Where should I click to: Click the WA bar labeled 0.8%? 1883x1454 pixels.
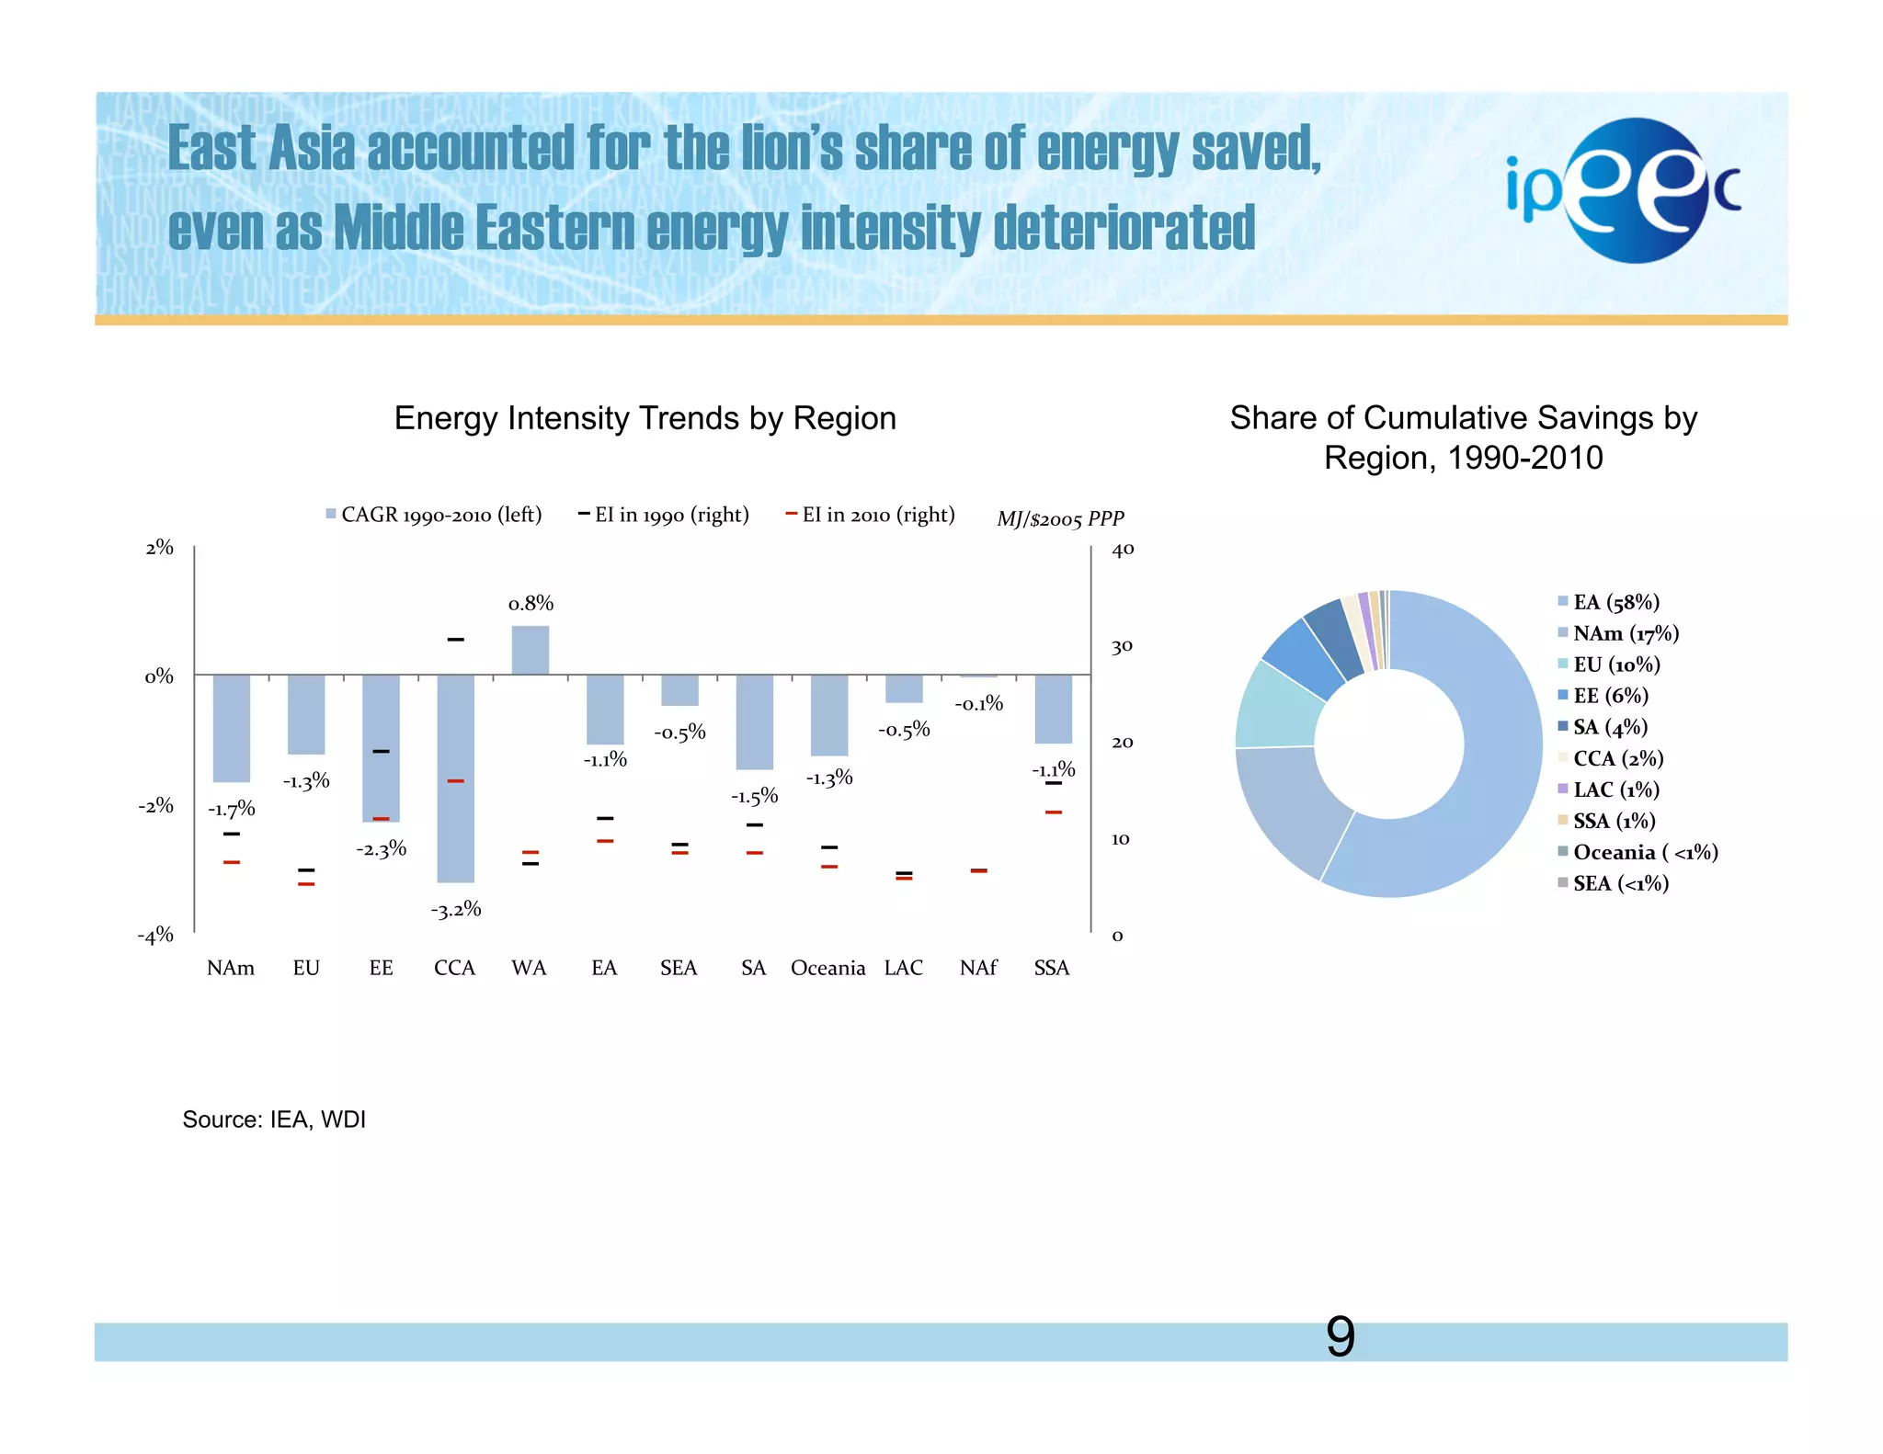click(x=531, y=650)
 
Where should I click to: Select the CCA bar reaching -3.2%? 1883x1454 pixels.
click(x=455, y=778)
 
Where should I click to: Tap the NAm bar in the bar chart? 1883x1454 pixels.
click(x=232, y=728)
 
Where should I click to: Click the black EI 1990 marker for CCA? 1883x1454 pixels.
click(x=455, y=639)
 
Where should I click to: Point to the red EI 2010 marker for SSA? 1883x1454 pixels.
click(x=1054, y=812)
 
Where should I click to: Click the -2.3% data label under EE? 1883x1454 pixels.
click(x=382, y=849)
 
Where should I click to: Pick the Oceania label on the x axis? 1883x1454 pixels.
click(x=827, y=968)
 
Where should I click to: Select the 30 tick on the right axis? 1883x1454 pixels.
click(x=1122, y=646)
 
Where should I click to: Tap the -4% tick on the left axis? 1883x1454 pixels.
click(x=156, y=936)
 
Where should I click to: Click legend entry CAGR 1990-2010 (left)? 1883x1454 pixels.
click(x=434, y=515)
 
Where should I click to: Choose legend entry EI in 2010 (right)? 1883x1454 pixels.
click(x=870, y=515)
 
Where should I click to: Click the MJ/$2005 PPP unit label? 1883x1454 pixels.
click(x=1060, y=519)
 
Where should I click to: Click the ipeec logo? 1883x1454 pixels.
click(x=1623, y=191)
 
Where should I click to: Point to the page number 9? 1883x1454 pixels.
click(x=1340, y=1337)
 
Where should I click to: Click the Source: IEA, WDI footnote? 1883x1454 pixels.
click(x=274, y=1119)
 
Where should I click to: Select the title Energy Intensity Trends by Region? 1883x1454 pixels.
click(x=645, y=418)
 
